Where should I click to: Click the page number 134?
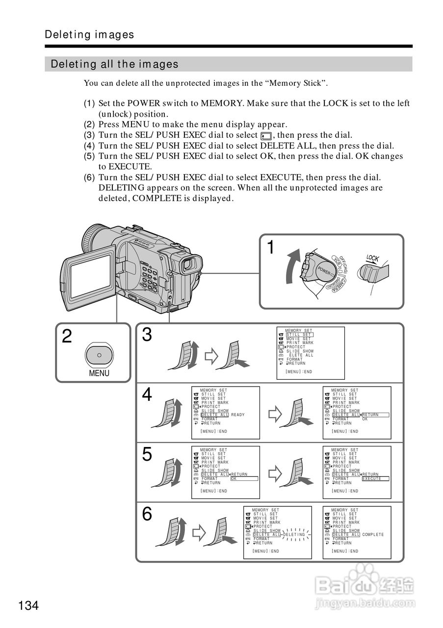[29, 605]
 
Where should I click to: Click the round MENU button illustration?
[99, 355]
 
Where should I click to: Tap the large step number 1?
[270, 247]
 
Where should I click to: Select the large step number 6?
[147, 514]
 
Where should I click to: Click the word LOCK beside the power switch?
[373, 259]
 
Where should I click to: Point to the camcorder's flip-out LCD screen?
[90, 276]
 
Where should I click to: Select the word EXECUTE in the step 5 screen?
[371, 479]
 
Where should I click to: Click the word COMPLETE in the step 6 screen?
[373, 535]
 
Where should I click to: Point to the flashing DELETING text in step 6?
[294, 535]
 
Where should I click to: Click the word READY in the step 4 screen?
[237, 415]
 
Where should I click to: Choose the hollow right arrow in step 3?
[210, 357]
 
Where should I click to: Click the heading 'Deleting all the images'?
[115, 64]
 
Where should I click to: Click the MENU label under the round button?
[99, 373]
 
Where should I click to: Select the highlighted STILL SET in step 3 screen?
[299, 335]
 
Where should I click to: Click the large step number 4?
[147, 395]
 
